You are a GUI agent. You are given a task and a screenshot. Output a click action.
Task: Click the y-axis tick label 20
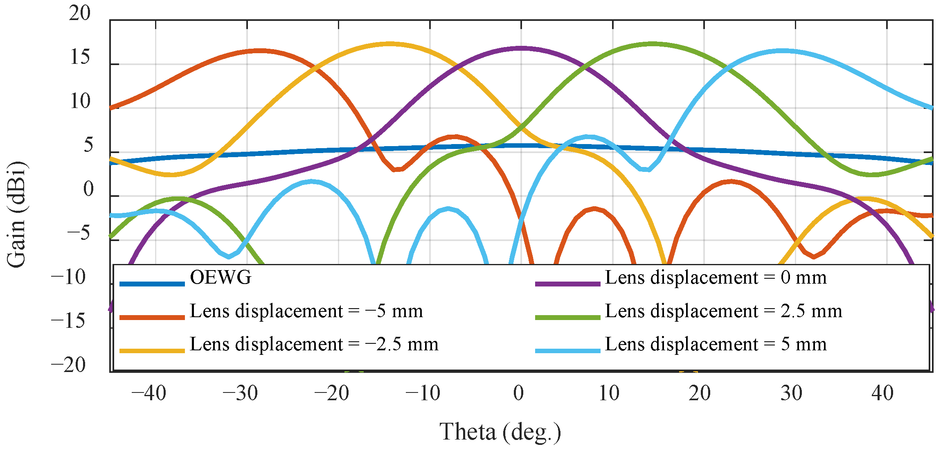[79, 14]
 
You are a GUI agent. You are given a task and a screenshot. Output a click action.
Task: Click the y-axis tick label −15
[68, 321]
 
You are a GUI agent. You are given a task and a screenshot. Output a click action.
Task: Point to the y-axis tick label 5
[88, 145]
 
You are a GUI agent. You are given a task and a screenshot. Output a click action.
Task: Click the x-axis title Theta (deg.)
[500, 432]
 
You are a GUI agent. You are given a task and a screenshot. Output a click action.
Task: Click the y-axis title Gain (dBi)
[16, 215]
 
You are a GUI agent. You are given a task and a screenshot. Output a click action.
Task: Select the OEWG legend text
[221, 278]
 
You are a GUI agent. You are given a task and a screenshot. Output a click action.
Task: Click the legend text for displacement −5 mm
[306, 311]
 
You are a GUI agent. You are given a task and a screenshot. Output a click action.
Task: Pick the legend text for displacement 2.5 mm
[723, 311]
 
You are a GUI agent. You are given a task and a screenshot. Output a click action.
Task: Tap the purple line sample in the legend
[567, 284]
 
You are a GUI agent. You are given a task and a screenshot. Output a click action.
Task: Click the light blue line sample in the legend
[567, 351]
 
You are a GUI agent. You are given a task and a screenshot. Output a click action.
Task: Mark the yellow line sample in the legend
[152, 351]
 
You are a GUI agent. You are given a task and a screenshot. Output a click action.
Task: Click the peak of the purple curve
[520, 49]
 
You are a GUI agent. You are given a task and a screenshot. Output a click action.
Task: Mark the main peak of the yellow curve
[389, 43]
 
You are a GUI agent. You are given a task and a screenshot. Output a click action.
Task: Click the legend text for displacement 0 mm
[716, 278]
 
